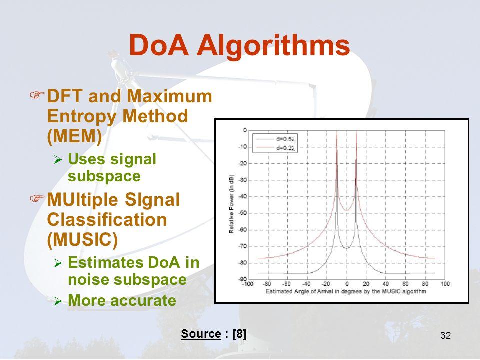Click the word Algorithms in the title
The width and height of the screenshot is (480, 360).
point(273,45)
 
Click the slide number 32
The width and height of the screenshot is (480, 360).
point(445,335)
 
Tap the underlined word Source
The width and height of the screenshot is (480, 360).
point(201,333)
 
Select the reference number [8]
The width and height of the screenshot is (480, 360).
point(239,333)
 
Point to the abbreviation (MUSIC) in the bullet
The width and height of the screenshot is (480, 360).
point(82,239)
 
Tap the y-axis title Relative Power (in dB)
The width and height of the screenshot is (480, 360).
point(231,204)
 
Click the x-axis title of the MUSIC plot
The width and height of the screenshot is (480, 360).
point(346,291)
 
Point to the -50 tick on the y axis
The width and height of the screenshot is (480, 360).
point(242,213)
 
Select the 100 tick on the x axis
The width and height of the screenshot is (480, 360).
point(445,284)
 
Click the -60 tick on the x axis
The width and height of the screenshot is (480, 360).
point(286,284)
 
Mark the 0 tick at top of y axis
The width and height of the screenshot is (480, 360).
point(245,130)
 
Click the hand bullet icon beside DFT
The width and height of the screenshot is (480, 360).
point(37,94)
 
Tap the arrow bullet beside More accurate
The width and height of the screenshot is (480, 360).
point(58,301)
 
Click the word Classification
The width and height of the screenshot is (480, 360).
point(107,220)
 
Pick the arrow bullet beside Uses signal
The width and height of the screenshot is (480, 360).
point(58,160)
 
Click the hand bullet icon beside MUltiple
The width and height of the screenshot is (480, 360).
point(37,198)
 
